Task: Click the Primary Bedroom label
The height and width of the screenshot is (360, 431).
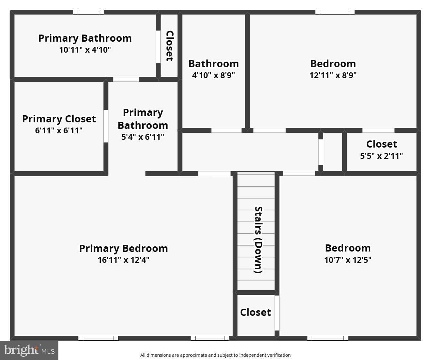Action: [123, 248]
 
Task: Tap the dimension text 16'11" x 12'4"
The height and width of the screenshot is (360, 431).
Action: [123, 260]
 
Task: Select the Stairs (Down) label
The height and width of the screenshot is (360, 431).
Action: [258, 240]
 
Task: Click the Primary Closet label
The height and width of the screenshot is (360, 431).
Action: [59, 119]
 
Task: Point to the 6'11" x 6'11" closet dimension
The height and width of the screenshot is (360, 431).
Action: [59, 131]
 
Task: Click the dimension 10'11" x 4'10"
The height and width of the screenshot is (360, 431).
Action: [85, 50]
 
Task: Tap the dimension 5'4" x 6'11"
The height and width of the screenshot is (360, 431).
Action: [143, 137]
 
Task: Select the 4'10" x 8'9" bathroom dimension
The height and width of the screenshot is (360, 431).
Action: [214, 75]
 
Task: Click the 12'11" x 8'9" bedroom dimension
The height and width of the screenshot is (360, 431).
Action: [333, 75]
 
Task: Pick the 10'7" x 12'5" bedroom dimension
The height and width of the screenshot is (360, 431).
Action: [348, 260]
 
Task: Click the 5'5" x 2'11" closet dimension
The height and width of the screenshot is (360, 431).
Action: [381, 156]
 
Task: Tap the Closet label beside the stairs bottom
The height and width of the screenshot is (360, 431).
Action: [255, 312]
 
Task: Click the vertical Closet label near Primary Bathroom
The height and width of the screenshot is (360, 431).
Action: [170, 46]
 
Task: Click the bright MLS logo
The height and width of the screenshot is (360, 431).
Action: [29, 350]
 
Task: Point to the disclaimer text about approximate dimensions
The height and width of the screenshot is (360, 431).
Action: [215, 355]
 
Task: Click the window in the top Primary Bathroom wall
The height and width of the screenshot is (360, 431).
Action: [88, 12]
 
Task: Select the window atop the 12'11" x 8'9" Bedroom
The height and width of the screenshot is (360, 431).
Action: [335, 12]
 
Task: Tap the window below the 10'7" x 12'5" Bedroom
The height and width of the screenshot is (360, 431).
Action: [327, 338]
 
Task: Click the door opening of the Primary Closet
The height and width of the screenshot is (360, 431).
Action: [106, 126]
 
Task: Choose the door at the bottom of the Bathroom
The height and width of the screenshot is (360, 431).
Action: [226, 130]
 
